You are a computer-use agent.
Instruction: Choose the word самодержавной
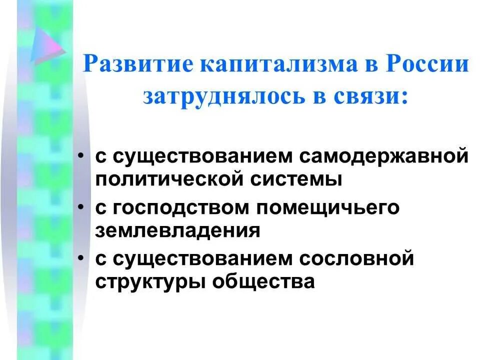pos(385,156)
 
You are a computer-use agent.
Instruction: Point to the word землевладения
pos(178,230)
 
